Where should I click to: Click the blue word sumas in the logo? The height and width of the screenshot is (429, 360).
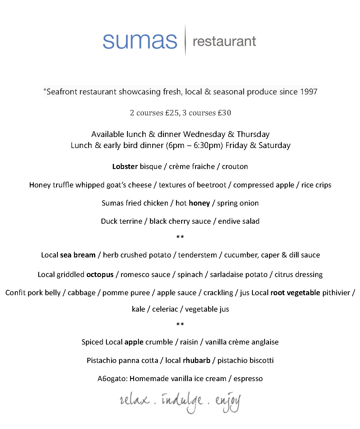click(140, 41)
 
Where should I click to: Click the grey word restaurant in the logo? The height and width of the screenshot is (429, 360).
click(224, 41)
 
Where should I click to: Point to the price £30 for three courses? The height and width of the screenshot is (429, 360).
click(224, 113)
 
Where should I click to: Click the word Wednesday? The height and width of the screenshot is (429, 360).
click(204, 134)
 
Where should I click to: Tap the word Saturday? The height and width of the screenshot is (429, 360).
click(274, 145)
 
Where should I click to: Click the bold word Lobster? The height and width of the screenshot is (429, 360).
click(125, 166)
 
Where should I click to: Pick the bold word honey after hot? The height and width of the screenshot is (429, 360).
click(199, 203)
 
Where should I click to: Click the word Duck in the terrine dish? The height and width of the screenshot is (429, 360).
click(108, 221)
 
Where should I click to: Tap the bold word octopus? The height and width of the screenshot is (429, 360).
click(100, 274)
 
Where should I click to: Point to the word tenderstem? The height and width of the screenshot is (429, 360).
click(197, 255)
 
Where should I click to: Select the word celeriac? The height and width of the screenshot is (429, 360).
click(165, 309)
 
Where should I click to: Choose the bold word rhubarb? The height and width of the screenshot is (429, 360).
click(196, 360)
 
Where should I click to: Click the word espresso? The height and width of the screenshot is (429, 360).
click(248, 379)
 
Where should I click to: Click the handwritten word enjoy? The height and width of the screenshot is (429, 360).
click(228, 402)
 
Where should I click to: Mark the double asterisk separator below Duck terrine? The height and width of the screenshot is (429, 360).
click(180, 237)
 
